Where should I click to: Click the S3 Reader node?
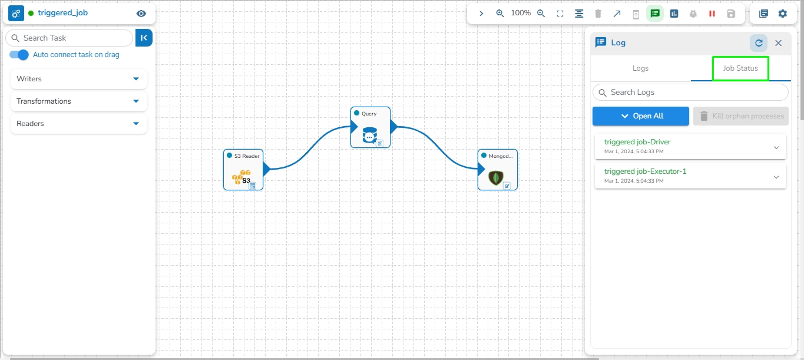point(243,170)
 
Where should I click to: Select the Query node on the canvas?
point(370,127)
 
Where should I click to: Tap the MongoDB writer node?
point(498,170)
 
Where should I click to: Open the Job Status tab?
point(740,68)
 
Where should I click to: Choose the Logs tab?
point(640,68)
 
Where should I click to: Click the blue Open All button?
point(641,116)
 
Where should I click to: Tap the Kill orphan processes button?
point(741,116)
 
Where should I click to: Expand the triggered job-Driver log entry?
point(776,147)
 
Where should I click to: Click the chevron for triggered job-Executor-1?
point(776,177)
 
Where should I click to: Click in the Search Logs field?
point(690,93)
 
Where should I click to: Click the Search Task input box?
point(70,38)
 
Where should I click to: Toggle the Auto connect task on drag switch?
point(19,55)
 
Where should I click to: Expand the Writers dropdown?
point(78,78)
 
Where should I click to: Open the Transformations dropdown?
point(78,101)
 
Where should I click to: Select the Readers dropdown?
point(78,124)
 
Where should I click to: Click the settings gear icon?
point(782,14)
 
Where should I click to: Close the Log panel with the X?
point(778,43)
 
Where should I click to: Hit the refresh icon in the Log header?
point(759,43)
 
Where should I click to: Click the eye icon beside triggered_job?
point(141,14)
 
